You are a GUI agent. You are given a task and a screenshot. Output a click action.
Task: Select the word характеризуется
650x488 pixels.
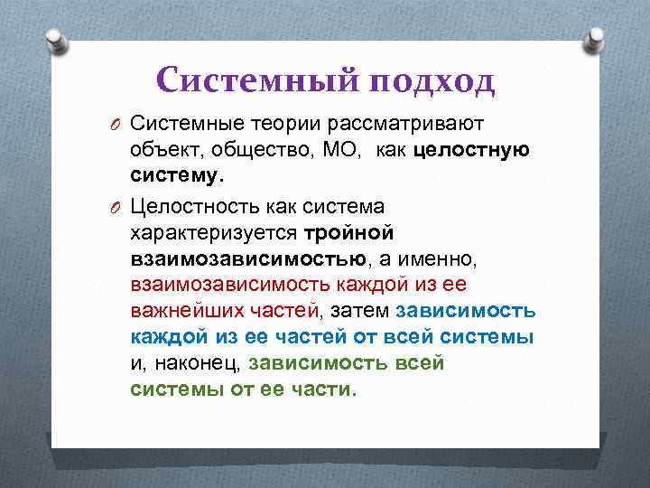[215, 234]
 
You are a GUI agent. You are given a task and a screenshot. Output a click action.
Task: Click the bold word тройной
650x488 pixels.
[348, 234]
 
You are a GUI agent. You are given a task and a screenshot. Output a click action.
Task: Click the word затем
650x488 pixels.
[358, 312]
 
